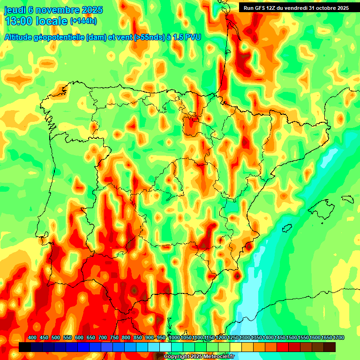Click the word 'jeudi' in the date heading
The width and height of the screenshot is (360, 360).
click(x=16, y=10)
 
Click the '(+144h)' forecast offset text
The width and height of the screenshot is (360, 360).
click(x=83, y=21)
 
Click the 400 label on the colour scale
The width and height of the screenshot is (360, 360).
click(x=32, y=338)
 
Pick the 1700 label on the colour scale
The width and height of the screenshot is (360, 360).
click(x=330, y=338)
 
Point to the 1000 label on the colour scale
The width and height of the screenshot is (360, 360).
click(x=174, y=338)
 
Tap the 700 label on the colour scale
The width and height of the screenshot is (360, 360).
click(x=103, y=338)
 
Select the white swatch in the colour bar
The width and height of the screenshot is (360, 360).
click(x=165, y=347)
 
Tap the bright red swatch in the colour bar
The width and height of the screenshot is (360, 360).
click(x=283, y=347)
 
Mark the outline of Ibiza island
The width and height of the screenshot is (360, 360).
click(x=285, y=228)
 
